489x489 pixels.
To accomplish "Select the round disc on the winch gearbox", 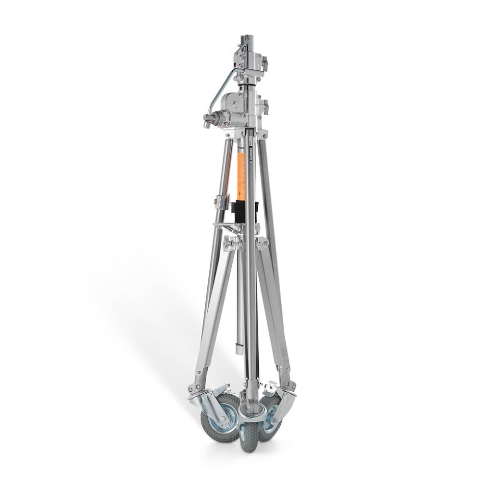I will coord(235,104).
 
